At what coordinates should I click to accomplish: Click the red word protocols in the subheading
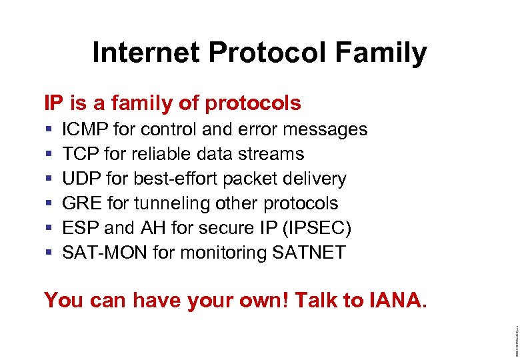coord(253,104)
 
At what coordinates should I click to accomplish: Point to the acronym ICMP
coord(85,129)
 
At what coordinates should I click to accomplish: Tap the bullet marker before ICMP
coord(49,129)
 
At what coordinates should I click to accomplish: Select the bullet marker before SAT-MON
coord(49,253)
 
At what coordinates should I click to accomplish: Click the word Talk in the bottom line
coord(317,301)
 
